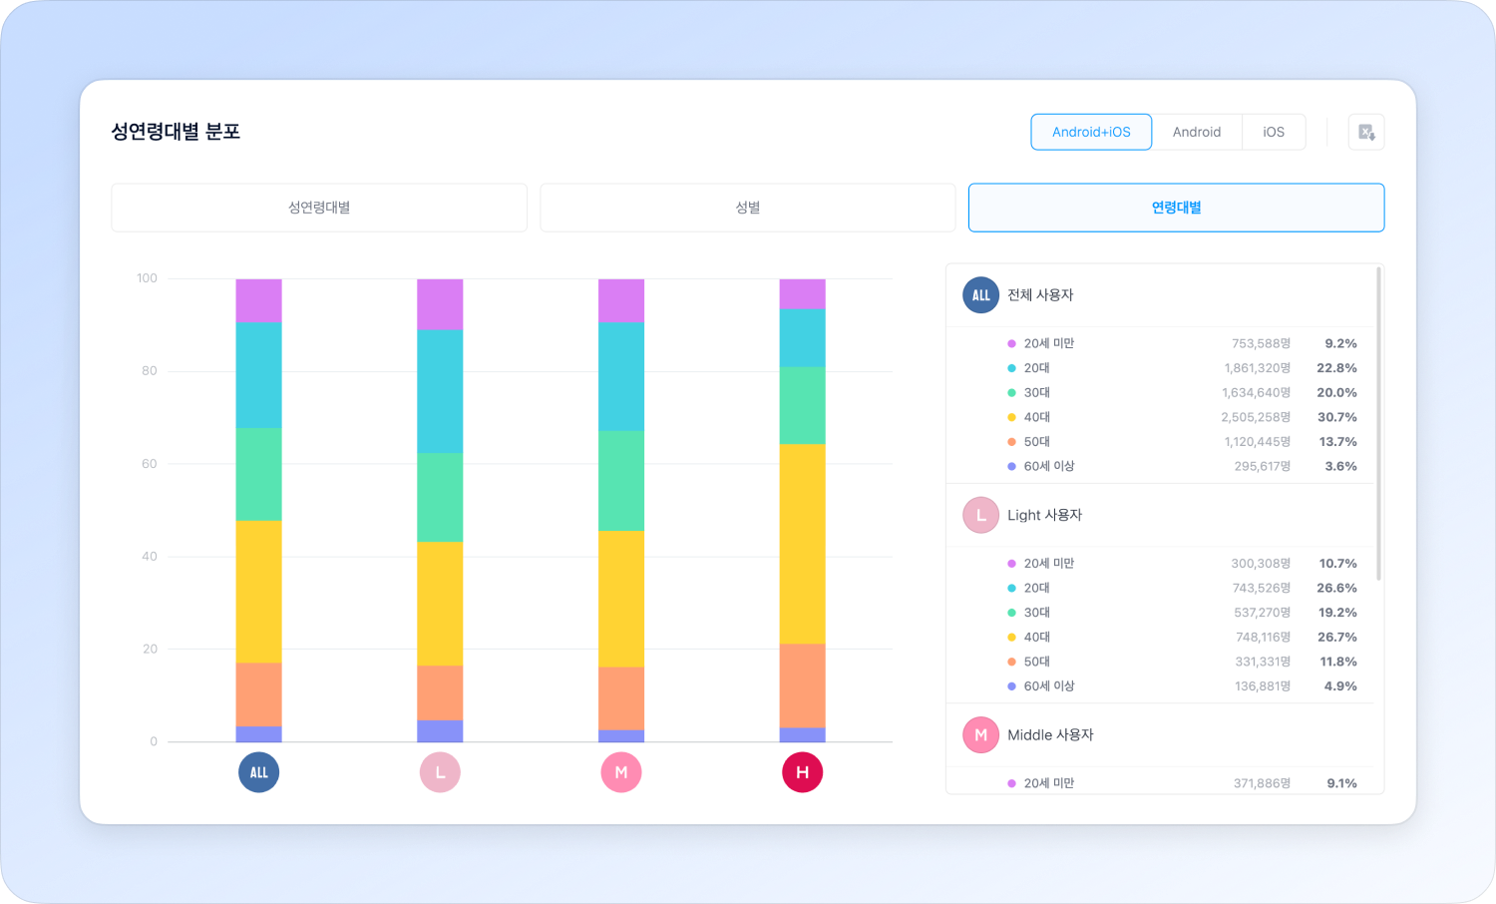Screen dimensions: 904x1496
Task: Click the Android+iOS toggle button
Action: click(1091, 132)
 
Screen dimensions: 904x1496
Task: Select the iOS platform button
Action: click(1274, 132)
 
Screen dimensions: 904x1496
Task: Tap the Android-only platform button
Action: click(1197, 132)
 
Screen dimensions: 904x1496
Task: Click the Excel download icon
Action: click(1366, 132)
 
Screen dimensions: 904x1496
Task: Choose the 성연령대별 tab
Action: click(319, 208)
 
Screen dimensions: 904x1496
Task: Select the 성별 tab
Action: click(748, 208)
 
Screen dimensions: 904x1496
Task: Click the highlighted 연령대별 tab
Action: click(1176, 208)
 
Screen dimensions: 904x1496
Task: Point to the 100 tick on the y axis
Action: click(147, 278)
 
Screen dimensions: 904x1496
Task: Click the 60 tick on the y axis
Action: click(149, 464)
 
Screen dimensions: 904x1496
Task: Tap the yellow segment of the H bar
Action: click(802, 544)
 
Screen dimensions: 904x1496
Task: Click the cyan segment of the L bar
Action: click(440, 391)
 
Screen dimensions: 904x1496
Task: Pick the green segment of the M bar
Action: click(620, 480)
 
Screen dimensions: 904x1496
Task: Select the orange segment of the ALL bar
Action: click(258, 693)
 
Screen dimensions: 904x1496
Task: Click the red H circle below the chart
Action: click(802, 772)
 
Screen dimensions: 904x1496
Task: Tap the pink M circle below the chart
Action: click(620, 772)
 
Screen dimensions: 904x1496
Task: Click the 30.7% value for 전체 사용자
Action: click(1336, 417)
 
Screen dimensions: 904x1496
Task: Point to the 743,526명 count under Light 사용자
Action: click(1262, 588)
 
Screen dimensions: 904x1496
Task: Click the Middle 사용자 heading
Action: click(1050, 735)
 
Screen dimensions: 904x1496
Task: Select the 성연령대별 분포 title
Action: click(176, 132)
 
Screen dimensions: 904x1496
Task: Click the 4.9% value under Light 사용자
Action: click(1340, 686)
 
